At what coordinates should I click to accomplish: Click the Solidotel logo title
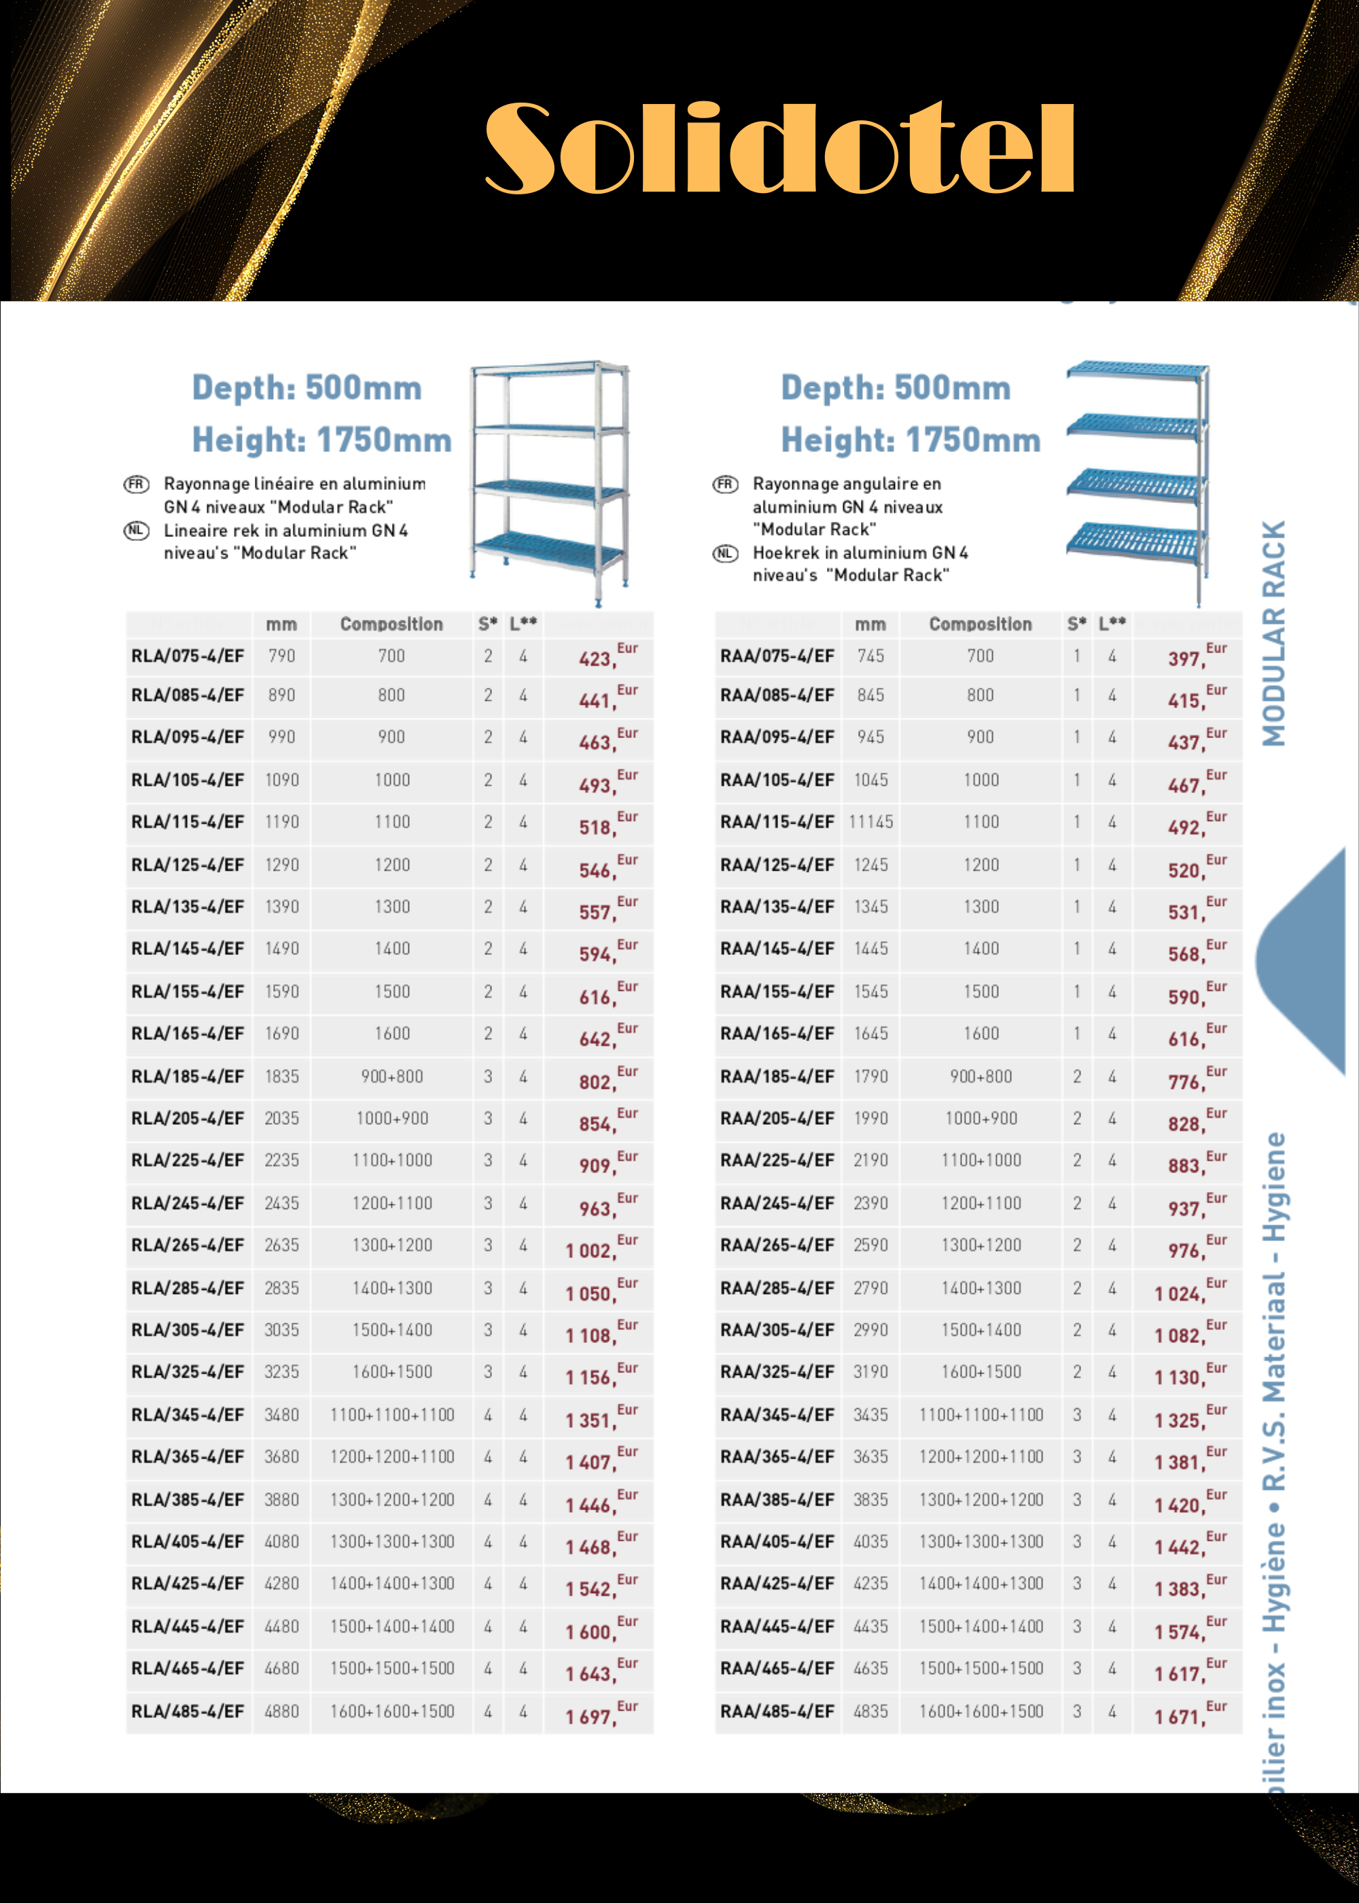pos(779,149)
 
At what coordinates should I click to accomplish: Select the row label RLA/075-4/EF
pos(188,656)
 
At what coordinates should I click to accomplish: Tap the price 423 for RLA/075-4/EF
pos(597,659)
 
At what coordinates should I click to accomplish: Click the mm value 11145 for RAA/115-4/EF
pos(870,822)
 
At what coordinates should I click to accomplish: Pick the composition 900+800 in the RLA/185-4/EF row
pos(391,1076)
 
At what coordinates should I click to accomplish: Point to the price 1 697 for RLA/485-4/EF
pos(589,1716)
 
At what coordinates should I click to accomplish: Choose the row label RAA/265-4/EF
pos(777,1245)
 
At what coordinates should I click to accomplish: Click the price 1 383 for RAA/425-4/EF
pos(1178,1589)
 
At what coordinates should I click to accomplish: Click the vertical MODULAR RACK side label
pos(1273,633)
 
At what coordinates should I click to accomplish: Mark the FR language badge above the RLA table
pos(137,485)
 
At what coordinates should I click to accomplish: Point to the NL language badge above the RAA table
pos(725,553)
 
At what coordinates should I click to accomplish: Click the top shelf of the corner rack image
pos(1138,370)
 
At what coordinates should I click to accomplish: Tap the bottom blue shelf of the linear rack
pos(548,548)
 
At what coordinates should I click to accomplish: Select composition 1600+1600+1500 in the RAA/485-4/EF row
pos(981,1711)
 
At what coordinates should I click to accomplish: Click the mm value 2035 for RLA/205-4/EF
pos(281,1118)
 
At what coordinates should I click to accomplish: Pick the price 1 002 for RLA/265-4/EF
pos(589,1251)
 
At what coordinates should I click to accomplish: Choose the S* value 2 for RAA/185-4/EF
pos(1077,1076)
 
